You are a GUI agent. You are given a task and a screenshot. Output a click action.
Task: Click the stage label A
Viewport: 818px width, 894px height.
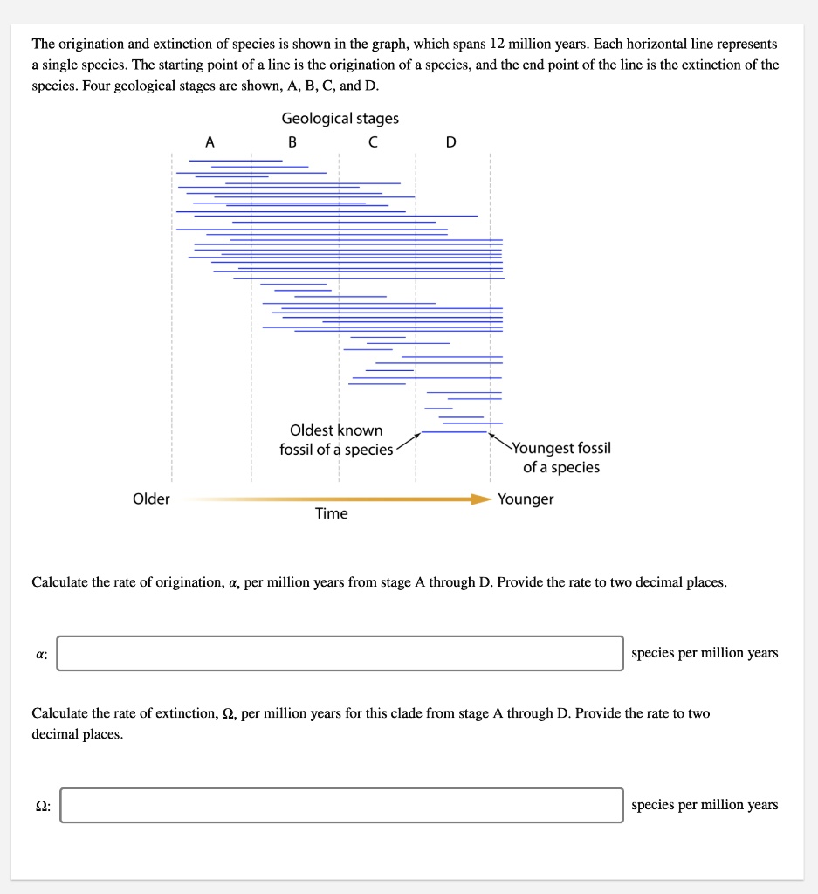[x=208, y=141]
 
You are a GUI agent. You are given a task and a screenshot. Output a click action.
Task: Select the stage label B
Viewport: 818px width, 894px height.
[x=292, y=141]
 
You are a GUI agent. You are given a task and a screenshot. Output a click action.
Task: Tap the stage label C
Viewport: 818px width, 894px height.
[x=373, y=141]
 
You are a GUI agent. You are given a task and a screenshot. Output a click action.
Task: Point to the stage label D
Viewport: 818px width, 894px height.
[x=450, y=141]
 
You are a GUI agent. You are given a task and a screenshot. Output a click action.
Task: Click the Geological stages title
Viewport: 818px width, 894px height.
[x=340, y=118]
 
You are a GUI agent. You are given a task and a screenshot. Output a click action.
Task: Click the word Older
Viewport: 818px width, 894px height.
[x=151, y=499]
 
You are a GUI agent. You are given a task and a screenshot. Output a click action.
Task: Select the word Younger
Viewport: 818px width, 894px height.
[x=526, y=499]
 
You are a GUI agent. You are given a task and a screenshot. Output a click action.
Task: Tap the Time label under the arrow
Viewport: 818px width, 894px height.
[x=331, y=513]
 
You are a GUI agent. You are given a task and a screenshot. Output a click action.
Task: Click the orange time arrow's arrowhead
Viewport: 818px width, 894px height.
[x=481, y=499]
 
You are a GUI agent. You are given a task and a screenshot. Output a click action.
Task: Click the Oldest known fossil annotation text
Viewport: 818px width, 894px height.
[x=336, y=440]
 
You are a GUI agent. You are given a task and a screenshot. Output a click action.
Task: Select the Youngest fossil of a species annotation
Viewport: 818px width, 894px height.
[x=561, y=457]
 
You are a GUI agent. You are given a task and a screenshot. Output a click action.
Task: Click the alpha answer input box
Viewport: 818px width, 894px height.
[x=340, y=653]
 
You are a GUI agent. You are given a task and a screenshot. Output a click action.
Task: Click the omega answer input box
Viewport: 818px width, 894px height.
[x=340, y=805]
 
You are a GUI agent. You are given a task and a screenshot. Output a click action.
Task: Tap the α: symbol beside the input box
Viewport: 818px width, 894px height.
[x=40, y=653]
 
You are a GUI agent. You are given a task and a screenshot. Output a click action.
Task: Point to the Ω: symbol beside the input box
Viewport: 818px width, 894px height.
[x=42, y=806]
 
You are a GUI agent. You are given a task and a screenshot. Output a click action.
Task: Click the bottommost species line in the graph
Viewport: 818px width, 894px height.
[x=454, y=432]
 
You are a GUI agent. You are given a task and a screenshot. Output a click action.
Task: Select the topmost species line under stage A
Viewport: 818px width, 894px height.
[x=236, y=160]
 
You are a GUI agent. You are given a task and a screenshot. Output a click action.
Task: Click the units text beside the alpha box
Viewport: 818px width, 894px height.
[x=704, y=653]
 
